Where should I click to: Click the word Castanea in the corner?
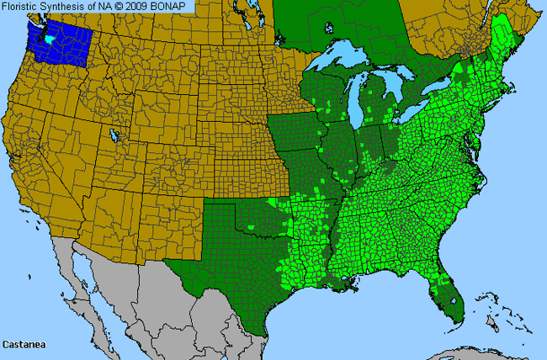[24, 345]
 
